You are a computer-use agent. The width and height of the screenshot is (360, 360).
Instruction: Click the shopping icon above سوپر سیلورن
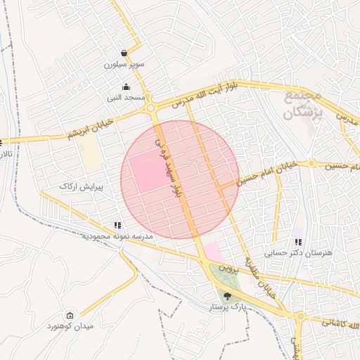pyautogui.click(x=124, y=53)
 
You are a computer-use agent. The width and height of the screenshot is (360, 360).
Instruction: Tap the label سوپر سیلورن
pyautogui.click(x=124, y=64)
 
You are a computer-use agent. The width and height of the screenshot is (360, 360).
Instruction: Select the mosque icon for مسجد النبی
pyautogui.click(x=125, y=86)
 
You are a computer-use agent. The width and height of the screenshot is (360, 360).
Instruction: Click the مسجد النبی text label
pyautogui.click(x=125, y=97)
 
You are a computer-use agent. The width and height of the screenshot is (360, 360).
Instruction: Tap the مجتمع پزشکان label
pyautogui.click(x=304, y=103)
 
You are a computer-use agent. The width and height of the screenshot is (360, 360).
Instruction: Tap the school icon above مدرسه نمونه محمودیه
pyautogui.click(x=118, y=226)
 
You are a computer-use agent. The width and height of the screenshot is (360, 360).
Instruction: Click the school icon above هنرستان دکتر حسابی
pyautogui.click(x=298, y=242)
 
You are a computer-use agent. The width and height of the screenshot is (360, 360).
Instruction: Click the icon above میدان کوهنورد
pyautogui.click(x=69, y=316)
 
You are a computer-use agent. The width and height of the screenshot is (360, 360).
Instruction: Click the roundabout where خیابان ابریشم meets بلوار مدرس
pyautogui.click(x=150, y=109)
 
